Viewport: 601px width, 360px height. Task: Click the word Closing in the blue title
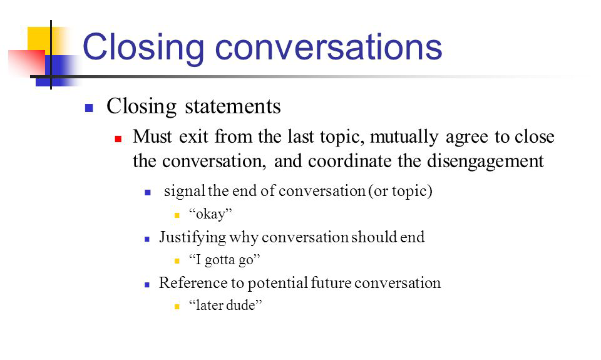pos(143,48)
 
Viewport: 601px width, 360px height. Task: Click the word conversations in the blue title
pos(329,47)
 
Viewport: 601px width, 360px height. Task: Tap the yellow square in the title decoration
pos(44,40)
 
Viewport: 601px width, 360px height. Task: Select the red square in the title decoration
pos(26,63)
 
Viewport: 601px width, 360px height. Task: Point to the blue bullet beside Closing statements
pos(89,108)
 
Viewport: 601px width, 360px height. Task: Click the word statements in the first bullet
pos(233,106)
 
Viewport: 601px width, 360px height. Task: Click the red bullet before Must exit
pos(118,139)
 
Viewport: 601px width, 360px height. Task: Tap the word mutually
pos(404,137)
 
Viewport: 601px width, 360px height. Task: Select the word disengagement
pos(485,162)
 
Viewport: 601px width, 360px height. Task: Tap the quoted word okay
pos(210,214)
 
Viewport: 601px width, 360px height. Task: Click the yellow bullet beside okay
pos(177,215)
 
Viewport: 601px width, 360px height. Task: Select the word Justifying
pos(192,237)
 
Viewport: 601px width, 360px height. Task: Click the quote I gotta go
pos(225,260)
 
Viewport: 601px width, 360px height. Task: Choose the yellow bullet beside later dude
pos(177,306)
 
